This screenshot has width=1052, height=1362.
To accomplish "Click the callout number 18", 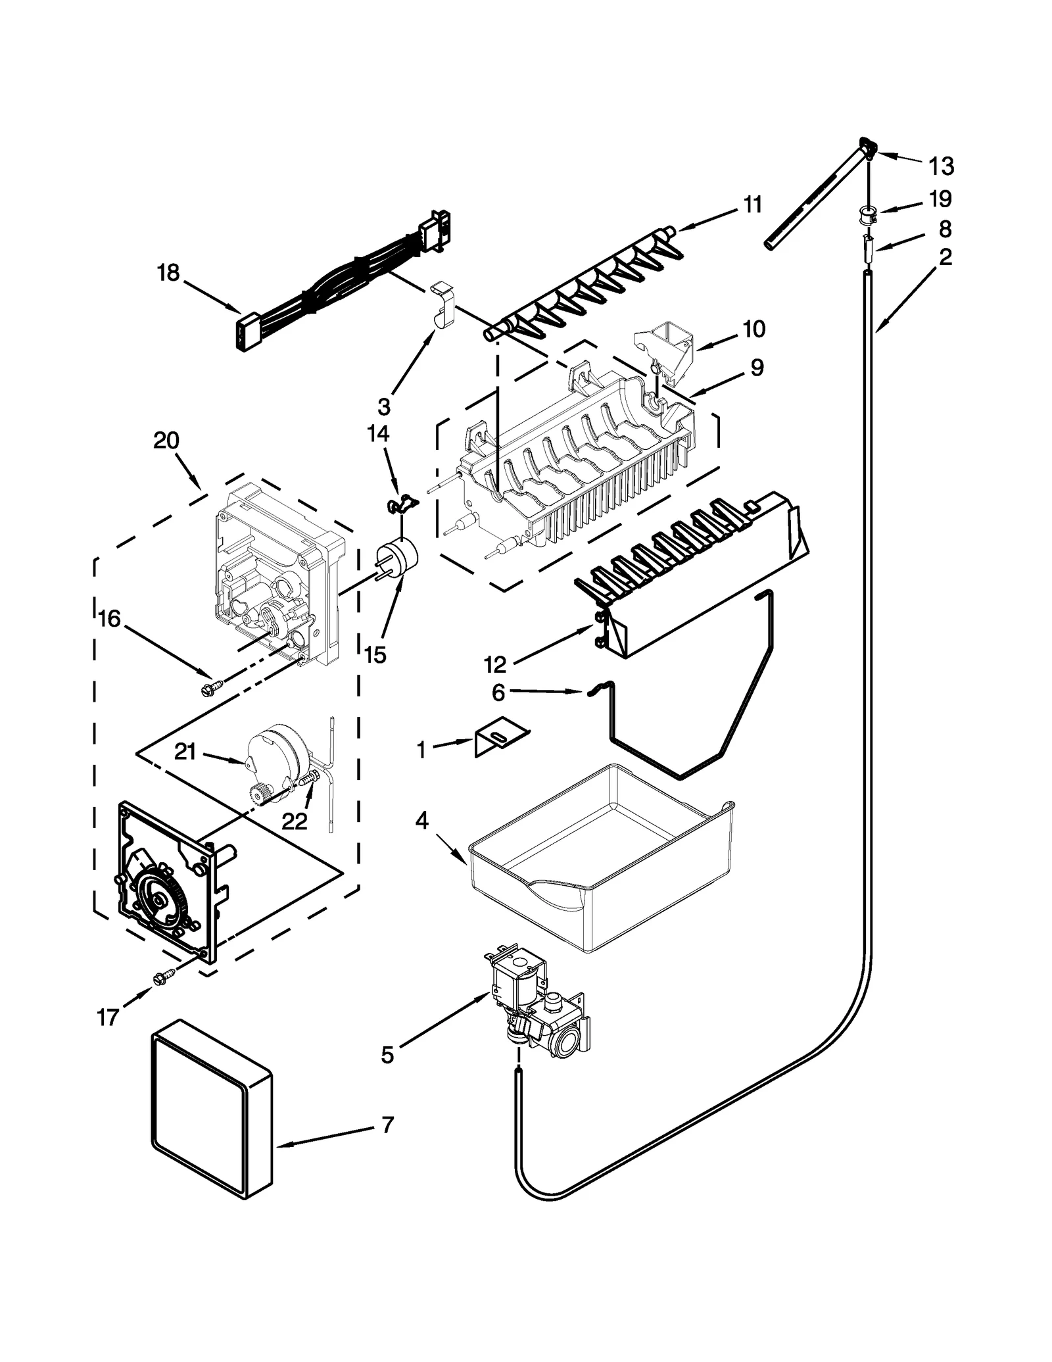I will coord(168,272).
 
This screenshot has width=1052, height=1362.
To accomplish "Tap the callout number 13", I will coord(942,166).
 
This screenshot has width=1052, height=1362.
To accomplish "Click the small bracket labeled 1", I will coord(501,738).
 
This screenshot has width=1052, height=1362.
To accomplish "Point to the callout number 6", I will coord(498,693).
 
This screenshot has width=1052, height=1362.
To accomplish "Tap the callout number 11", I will coord(752,205).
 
